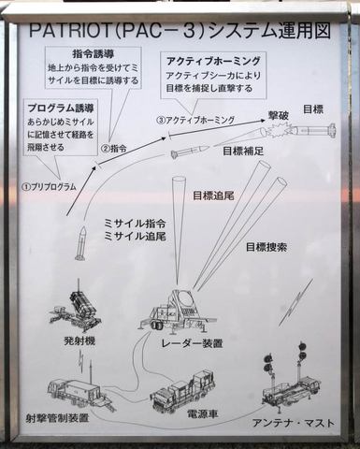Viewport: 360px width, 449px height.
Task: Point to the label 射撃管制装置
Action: click(x=58, y=417)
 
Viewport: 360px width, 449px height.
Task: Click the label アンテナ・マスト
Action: click(x=286, y=423)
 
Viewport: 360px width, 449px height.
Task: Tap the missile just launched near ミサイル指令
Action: click(x=81, y=243)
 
